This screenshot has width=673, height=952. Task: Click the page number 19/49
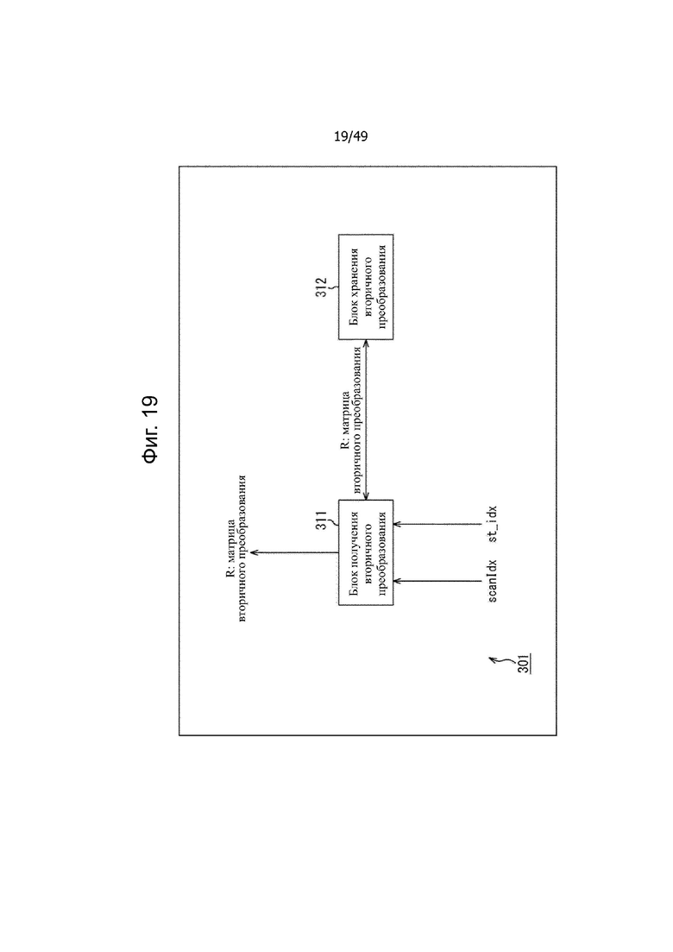click(x=351, y=136)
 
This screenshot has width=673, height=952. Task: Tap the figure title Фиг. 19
click(x=150, y=429)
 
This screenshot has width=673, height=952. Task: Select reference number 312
click(x=321, y=287)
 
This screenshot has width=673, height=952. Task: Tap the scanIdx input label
click(x=492, y=581)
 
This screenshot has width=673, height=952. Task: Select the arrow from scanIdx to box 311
click(x=437, y=581)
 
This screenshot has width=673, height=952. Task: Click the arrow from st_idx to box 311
click(x=437, y=523)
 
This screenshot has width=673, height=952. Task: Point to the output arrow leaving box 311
click(x=293, y=552)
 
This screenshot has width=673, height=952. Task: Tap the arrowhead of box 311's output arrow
click(x=255, y=552)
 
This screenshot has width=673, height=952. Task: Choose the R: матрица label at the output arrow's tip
click(x=230, y=552)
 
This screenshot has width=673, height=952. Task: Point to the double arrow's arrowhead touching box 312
click(x=365, y=344)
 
